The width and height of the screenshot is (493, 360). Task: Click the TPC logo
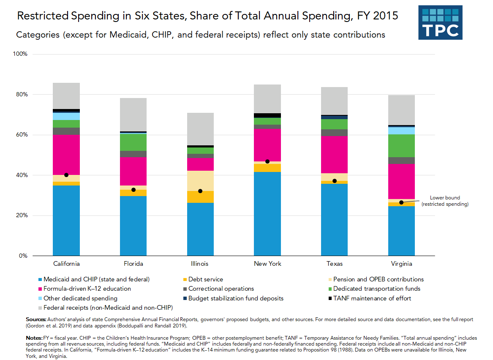coord(440,22)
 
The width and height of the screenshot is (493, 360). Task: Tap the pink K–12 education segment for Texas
coord(334,154)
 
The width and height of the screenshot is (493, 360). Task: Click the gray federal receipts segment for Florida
coord(133,115)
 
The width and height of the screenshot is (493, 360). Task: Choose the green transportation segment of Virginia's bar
coord(401,146)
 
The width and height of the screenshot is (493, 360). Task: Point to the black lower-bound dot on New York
coord(267,161)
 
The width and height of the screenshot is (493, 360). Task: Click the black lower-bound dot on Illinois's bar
coord(200,191)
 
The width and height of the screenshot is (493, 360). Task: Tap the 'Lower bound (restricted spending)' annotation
coord(444,201)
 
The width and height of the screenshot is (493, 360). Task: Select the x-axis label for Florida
coord(133,264)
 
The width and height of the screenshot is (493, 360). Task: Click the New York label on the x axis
coord(267,264)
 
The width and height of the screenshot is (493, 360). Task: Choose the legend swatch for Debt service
coord(185,279)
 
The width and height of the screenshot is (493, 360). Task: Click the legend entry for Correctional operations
coord(221,289)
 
